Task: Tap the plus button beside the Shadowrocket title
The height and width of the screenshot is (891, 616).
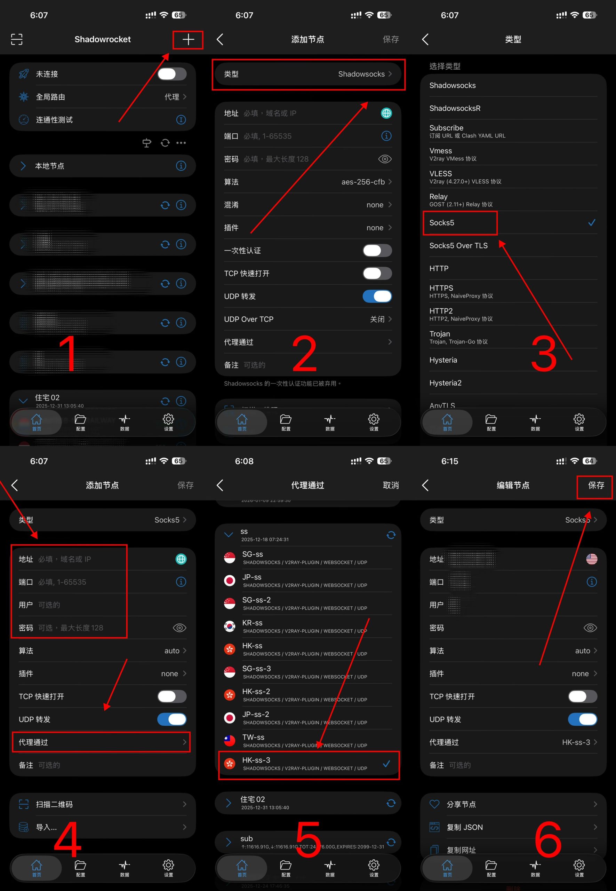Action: click(188, 39)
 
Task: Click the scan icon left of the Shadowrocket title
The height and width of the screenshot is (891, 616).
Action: click(17, 39)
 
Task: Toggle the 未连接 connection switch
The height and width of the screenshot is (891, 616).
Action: click(172, 74)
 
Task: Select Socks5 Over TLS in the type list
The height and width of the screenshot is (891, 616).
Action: click(458, 246)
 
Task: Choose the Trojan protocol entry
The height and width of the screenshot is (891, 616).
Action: click(440, 334)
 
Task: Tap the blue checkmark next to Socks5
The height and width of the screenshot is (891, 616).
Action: click(591, 222)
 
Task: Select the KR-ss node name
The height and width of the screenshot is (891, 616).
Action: click(252, 623)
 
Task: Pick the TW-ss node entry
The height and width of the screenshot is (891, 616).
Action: click(253, 737)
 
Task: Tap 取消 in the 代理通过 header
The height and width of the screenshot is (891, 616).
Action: click(391, 485)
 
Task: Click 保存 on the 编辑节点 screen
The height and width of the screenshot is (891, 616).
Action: click(595, 485)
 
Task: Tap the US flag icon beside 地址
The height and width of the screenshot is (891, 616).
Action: click(591, 559)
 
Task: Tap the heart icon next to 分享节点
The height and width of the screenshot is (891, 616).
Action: click(434, 804)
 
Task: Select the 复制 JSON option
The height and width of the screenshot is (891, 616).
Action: click(464, 827)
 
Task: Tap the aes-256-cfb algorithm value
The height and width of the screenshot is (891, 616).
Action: click(363, 182)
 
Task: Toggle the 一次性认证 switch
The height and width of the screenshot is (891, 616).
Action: click(377, 251)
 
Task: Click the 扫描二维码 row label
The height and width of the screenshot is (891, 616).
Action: click(54, 804)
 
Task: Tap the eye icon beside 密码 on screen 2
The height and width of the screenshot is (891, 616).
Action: click(384, 159)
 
